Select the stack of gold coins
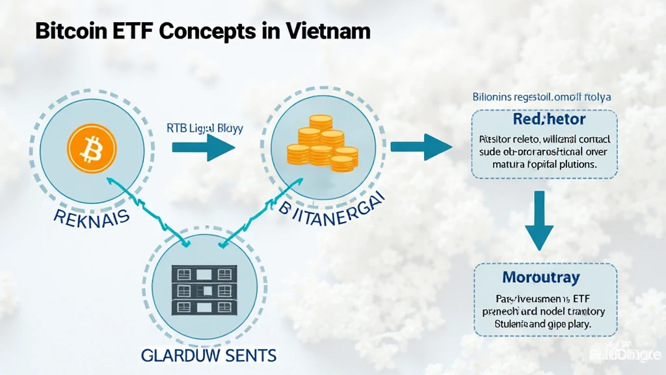320,143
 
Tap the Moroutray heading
541,278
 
